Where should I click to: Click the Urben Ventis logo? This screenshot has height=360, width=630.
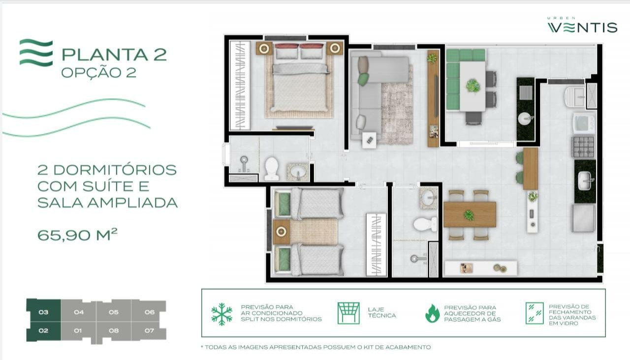(582, 26)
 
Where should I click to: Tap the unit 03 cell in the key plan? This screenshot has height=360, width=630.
(43, 312)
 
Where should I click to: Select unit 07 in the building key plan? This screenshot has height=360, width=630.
(149, 330)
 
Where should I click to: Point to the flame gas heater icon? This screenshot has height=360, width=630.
(432, 313)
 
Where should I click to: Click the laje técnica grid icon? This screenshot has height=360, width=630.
(348, 313)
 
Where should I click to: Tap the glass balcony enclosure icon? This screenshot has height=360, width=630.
(534, 313)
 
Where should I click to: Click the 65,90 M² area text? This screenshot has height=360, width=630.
(77, 235)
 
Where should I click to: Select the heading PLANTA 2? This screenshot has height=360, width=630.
(114, 54)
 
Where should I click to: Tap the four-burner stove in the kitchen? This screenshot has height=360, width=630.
(583, 147)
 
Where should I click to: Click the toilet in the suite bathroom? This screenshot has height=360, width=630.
(271, 168)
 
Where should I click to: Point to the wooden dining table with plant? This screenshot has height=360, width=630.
(469, 214)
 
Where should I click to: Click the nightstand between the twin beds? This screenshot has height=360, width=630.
(281, 232)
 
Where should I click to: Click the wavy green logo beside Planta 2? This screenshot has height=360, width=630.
(36, 53)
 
